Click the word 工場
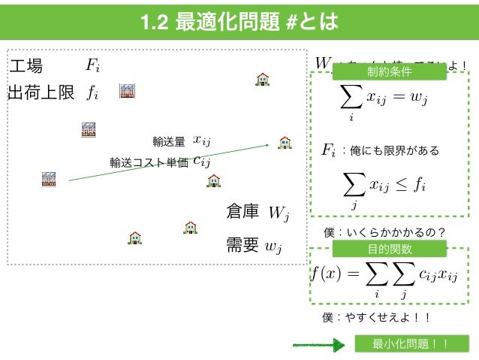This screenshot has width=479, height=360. pyautogui.click(x=27, y=66)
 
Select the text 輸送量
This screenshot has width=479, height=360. pyautogui.click(x=168, y=141)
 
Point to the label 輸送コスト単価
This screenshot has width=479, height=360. pyautogui.click(x=149, y=161)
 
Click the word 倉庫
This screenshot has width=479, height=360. pyautogui.click(x=243, y=213)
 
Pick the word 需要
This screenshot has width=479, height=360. pyautogui.click(x=243, y=245)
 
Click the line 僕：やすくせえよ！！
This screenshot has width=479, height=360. pyautogui.click(x=376, y=317)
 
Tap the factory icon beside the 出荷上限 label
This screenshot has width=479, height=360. pyautogui.click(x=127, y=91)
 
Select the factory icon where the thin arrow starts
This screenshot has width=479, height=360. pyautogui.click(x=49, y=178)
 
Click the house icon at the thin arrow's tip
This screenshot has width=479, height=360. pyautogui.click(x=285, y=141)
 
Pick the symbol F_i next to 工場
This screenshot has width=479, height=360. pyautogui.click(x=92, y=66)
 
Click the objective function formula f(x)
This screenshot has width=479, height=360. pyautogui.click(x=384, y=277)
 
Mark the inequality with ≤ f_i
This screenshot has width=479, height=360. pyautogui.click(x=384, y=185)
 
